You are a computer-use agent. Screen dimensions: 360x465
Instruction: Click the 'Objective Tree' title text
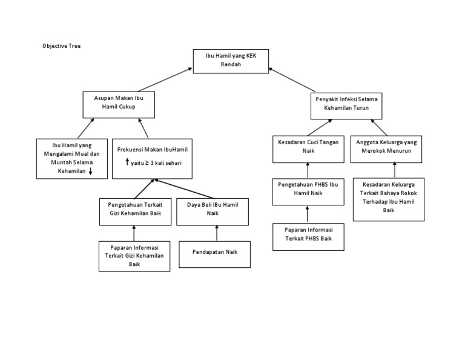coord(61,45)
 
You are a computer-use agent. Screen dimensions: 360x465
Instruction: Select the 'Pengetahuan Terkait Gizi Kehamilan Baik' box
coord(134,211)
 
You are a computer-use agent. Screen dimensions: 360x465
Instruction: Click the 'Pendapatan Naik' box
coord(215,254)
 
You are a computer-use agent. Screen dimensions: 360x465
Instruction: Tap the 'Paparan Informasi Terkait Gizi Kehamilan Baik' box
coord(134,256)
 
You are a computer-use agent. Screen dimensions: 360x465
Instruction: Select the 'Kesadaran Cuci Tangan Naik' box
coord(308,148)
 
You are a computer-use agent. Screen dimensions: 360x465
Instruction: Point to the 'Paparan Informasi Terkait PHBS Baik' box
coord(308,237)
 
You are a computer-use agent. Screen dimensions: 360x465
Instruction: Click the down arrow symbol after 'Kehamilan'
coord(90,172)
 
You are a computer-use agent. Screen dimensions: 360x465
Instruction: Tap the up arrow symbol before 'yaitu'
coord(127,162)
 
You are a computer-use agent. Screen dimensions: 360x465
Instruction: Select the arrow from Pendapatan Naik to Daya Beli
coord(216,233)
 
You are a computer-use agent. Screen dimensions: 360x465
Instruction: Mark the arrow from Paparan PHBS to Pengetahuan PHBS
coord(308,214)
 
